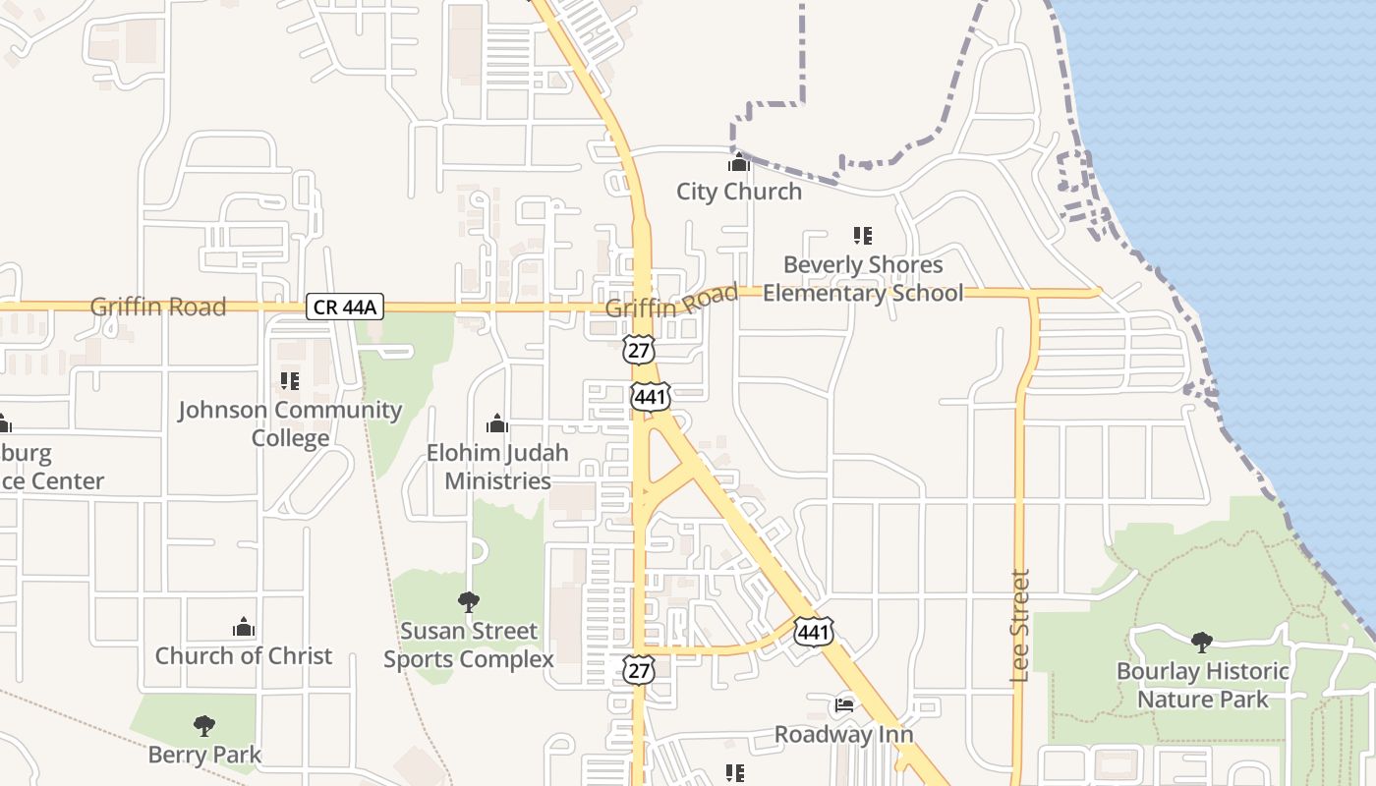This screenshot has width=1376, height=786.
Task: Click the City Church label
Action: click(739, 192)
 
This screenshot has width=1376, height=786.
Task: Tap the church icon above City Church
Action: click(739, 163)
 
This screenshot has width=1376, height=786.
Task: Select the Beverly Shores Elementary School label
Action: click(863, 279)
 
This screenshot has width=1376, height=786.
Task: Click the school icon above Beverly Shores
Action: click(863, 236)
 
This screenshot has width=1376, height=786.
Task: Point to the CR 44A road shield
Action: click(344, 307)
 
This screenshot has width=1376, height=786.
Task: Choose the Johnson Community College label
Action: click(290, 423)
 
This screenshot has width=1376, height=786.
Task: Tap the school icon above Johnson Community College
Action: click(290, 380)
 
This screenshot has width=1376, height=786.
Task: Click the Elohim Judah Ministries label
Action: click(497, 467)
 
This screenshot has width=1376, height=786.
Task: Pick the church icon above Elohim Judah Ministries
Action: click(497, 423)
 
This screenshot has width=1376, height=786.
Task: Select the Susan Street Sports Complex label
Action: click(469, 645)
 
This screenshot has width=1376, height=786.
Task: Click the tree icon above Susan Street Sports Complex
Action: click(469, 601)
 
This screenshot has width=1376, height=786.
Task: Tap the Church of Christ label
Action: click(244, 655)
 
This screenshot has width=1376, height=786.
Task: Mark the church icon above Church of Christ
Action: click(244, 627)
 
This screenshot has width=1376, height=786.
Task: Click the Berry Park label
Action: click(204, 755)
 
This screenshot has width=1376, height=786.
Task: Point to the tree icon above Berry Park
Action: click(204, 726)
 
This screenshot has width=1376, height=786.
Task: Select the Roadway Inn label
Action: click(844, 734)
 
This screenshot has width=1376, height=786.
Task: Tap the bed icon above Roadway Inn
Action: click(844, 704)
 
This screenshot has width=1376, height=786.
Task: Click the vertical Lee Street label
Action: click(1019, 626)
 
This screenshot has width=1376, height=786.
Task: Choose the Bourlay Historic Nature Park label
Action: click(1202, 685)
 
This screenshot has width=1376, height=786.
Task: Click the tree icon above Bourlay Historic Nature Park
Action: click(1201, 643)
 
